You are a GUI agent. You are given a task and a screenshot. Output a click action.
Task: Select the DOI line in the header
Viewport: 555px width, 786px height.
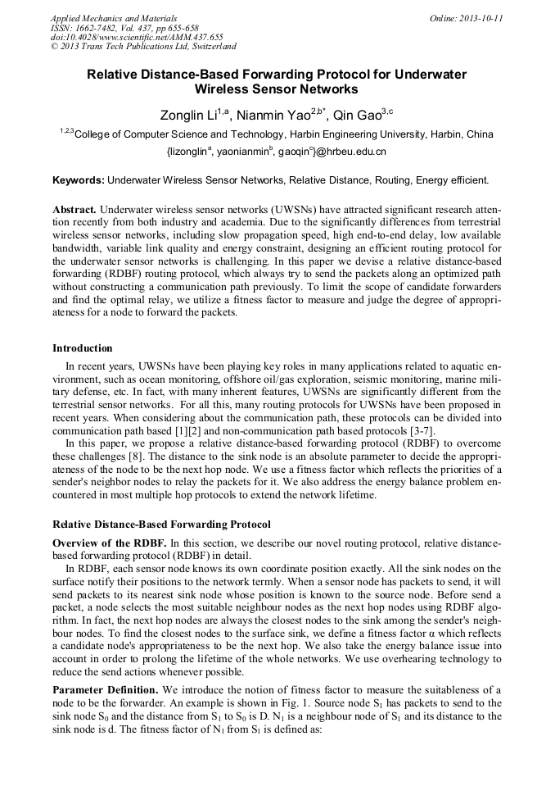coord(137,37)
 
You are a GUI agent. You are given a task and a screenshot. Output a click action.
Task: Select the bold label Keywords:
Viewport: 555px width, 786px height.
coord(79,179)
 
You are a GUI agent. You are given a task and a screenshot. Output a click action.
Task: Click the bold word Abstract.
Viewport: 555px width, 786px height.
coord(74,211)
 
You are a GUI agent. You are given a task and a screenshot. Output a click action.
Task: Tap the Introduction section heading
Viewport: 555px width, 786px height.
coord(83,348)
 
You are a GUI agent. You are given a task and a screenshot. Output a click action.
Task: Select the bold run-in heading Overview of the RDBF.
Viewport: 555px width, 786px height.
coord(110,543)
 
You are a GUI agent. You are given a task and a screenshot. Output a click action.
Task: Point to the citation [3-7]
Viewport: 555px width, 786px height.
coord(422,431)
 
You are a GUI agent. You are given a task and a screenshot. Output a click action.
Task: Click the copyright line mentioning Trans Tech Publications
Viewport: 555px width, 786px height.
coord(143,47)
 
